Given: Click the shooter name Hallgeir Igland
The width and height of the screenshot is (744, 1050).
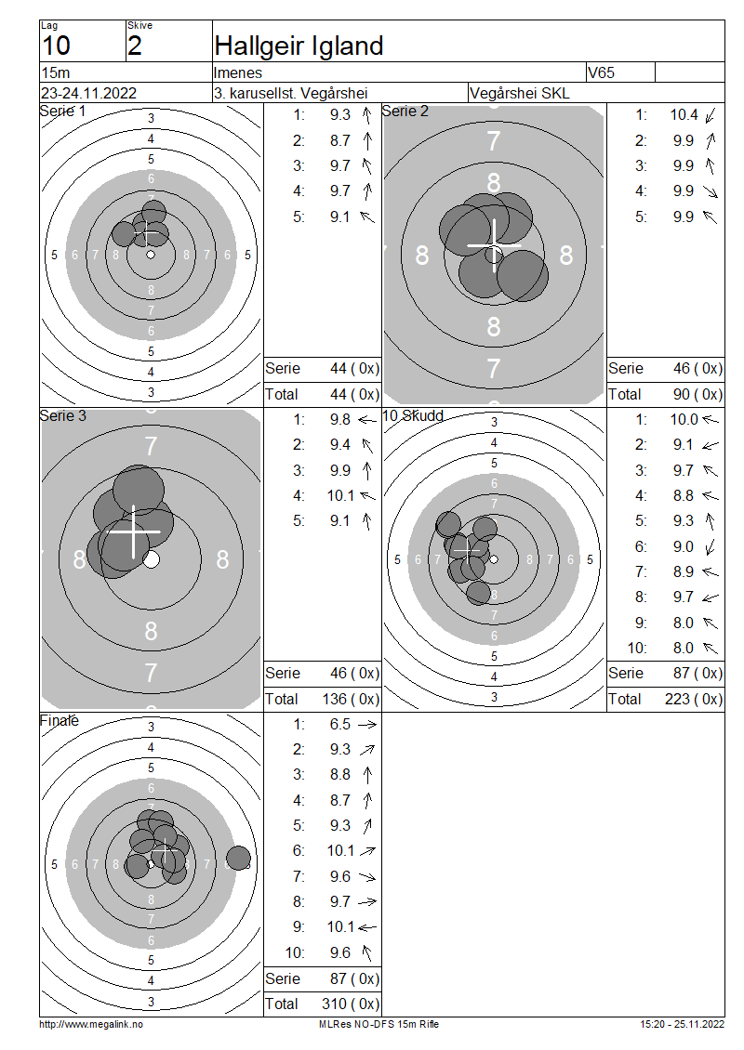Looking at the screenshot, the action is [299, 46].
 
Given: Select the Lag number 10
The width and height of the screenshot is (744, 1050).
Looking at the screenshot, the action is [57, 46].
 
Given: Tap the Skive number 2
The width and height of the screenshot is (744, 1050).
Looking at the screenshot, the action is [135, 46].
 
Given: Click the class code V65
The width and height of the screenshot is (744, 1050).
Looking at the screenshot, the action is [601, 72].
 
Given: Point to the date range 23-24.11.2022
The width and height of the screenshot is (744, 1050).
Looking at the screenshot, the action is [89, 93].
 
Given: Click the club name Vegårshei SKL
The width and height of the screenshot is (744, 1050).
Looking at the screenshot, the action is [520, 93].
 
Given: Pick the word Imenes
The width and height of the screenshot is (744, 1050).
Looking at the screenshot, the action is [238, 72].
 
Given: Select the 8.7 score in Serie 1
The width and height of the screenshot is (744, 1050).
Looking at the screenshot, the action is [339, 140].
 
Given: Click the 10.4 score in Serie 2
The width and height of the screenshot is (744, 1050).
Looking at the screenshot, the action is [684, 114].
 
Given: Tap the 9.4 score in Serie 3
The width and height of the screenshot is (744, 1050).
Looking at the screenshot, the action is [339, 445].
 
